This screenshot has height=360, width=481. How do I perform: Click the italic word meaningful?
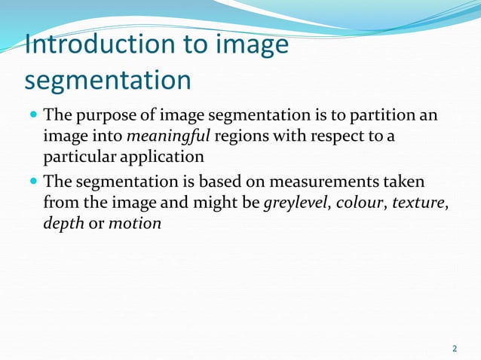(x=161, y=136)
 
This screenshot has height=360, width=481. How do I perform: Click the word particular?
(x=78, y=156)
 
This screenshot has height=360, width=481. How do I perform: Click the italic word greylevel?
(x=297, y=203)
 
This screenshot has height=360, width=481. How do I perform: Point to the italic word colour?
(x=360, y=203)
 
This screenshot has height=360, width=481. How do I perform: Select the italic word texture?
(x=414, y=203)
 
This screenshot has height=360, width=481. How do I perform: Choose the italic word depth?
(x=63, y=224)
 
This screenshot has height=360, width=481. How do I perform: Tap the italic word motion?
(x=135, y=224)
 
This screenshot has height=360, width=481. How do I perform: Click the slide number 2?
(x=454, y=348)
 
